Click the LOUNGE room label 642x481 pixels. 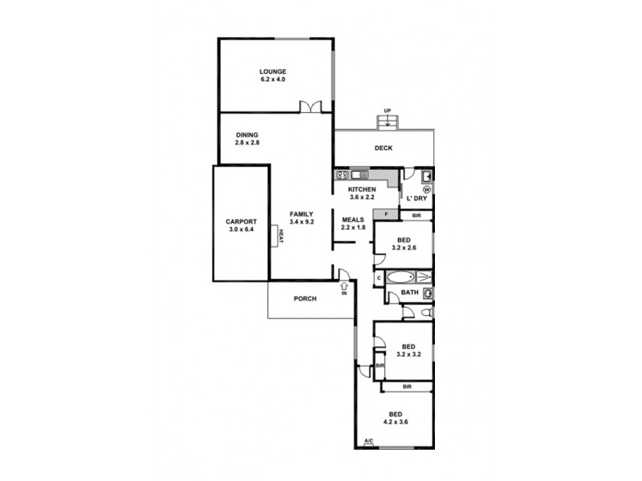pos(272,71)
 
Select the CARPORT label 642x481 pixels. pos(240,221)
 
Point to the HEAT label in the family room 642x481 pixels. pos(282,236)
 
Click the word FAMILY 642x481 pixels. pos(301,213)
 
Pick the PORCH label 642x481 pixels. pos(304,299)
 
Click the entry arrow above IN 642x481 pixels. pos(344,284)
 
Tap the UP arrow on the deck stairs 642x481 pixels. pos(388,120)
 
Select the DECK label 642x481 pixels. pos(383,148)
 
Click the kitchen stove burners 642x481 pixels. pos(341,175)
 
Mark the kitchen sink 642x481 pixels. pos(358,175)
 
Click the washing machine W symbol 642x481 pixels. pos(426,190)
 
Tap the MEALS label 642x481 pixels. pos(354,219)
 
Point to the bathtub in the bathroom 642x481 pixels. pos(401,278)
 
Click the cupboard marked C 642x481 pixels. pos(378,278)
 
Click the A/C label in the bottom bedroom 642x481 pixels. pos(368,442)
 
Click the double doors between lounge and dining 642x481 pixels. pos(311,107)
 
